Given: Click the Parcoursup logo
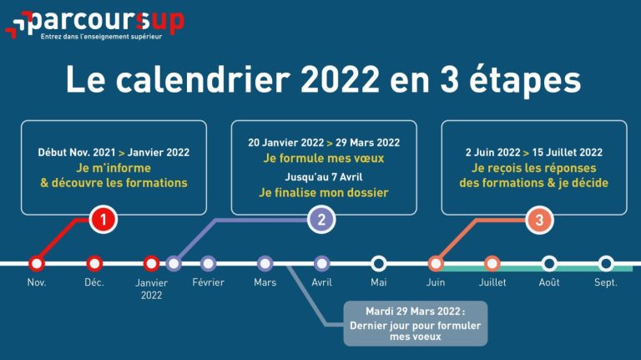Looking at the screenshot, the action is [95, 24].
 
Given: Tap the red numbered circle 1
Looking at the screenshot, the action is [103, 220].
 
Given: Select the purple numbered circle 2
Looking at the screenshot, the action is [321, 220].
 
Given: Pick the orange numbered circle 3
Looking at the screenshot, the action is [539, 220].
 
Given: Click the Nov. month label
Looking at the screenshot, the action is [37, 282].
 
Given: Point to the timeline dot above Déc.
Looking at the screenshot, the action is [94, 263].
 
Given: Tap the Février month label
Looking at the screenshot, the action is [208, 282].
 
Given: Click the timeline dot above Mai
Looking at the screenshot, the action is [379, 263].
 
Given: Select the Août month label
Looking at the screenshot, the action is [549, 282].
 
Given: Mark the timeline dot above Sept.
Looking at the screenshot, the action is [606, 263].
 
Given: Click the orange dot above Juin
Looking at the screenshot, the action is [436, 263].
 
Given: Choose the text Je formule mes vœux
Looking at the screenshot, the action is [324, 159].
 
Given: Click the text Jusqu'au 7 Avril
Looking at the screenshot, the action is [324, 177].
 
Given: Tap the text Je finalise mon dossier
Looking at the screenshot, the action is [324, 193].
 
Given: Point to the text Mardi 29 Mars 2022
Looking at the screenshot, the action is [413, 312].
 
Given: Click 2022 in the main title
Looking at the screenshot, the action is [340, 79].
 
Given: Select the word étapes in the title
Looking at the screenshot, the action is [525, 80].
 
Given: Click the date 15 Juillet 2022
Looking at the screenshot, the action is [568, 153].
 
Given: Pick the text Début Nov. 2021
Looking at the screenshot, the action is [77, 153].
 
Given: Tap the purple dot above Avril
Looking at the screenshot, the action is [321, 263].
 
